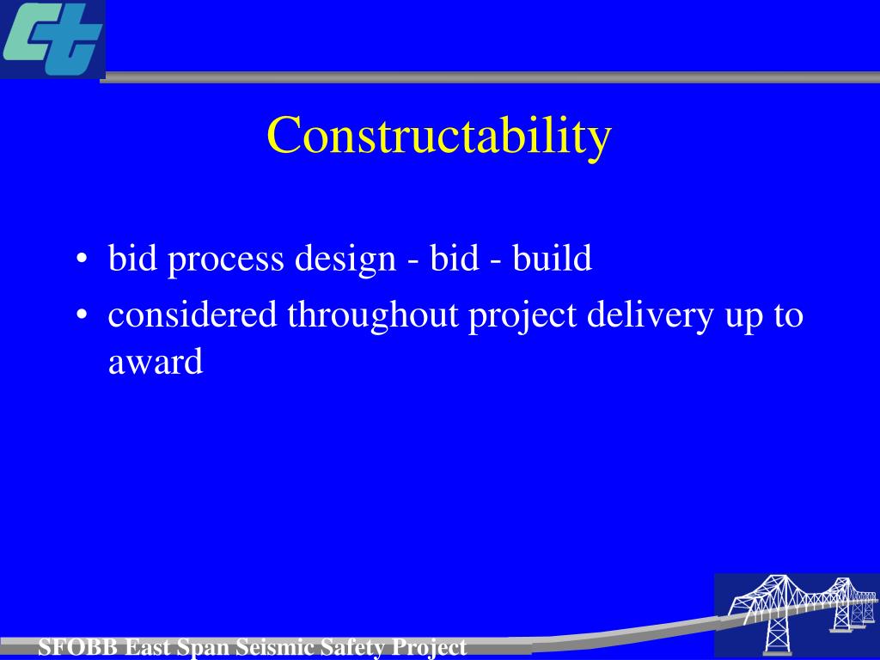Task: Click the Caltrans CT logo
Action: coord(52,40)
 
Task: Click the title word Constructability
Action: coord(438,136)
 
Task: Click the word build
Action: coord(553,258)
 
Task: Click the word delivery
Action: coord(650,315)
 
